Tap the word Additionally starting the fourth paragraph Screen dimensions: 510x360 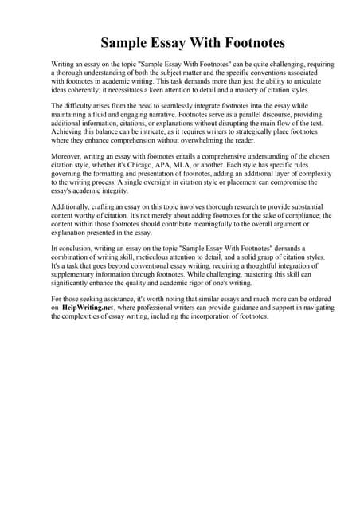coord(72,206)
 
